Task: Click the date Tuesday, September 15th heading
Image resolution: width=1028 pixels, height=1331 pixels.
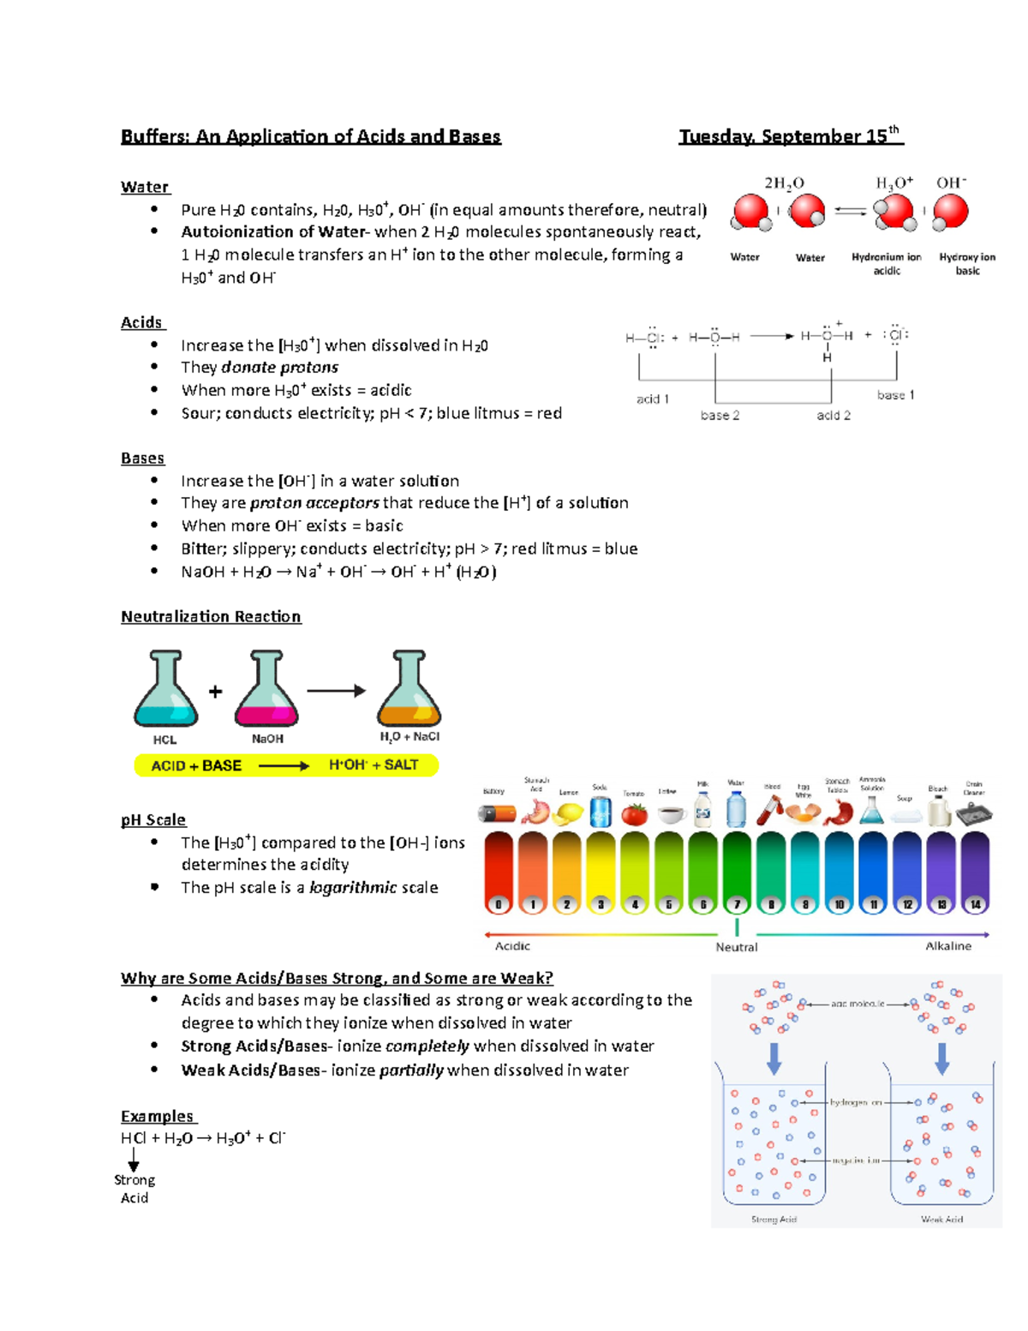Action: tap(790, 136)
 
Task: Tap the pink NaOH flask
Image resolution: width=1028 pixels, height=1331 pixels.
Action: tap(266, 691)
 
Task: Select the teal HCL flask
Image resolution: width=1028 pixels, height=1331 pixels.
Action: tap(165, 691)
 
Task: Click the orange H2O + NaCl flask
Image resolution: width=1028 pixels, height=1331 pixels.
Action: tap(409, 691)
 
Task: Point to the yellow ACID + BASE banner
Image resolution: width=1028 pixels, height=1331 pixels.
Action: tap(286, 765)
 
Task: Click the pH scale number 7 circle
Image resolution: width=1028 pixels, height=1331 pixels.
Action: tap(737, 904)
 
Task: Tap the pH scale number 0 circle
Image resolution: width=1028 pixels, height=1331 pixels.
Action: tap(499, 904)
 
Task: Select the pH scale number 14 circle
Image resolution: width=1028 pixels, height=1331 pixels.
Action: tap(975, 904)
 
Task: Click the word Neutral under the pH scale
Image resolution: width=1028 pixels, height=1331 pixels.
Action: tap(736, 947)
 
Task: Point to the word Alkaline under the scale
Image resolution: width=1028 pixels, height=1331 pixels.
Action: tap(948, 946)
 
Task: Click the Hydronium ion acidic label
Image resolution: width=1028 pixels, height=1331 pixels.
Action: tap(887, 263)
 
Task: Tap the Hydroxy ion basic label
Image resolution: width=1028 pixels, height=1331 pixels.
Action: tap(967, 263)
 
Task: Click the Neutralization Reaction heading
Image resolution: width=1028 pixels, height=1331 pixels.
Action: tap(211, 616)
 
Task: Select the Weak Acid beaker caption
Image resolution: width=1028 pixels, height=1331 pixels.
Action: tap(941, 1219)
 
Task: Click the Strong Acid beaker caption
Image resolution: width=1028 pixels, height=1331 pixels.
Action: tap(774, 1219)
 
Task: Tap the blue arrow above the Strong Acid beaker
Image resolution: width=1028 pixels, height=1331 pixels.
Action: tap(774, 1058)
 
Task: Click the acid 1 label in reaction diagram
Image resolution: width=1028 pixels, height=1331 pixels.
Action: tap(653, 399)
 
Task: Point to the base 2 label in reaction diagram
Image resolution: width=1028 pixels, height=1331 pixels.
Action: tap(720, 416)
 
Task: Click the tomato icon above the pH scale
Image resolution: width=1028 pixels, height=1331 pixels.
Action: tap(634, 813)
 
